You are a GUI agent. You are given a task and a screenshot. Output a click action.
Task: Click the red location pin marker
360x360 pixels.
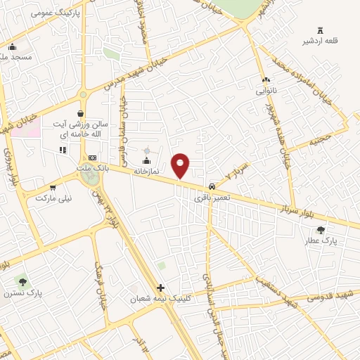181,165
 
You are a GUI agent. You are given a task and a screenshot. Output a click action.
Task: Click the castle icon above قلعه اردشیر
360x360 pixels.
321,30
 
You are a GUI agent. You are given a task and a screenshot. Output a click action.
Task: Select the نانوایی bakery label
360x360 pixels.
265,91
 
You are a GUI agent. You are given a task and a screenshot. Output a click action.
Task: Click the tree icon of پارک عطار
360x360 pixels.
321,230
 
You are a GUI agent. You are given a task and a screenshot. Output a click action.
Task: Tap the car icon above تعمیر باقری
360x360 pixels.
211,187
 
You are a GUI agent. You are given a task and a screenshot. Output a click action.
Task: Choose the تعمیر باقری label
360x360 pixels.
210,198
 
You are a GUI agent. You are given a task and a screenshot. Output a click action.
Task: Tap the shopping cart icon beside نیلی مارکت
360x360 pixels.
53,188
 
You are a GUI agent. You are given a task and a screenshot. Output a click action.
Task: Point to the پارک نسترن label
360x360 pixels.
22,292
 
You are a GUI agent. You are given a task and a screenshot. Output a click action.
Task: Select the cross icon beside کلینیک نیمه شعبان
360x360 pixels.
161,288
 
